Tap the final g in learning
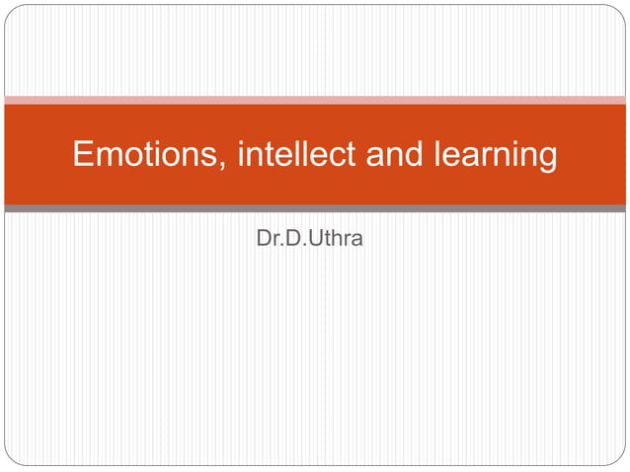(x=546, y=159)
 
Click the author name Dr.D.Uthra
(x=309, y=238)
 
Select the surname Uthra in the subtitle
(x=337, y=238)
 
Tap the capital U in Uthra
(x=317, y=238)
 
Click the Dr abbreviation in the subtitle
(x=266, y=238)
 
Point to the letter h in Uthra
(x=338, y=238)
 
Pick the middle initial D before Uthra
(x=293, y=238)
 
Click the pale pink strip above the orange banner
(x=315, y=100)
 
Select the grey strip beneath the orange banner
(x=315, y=208)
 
